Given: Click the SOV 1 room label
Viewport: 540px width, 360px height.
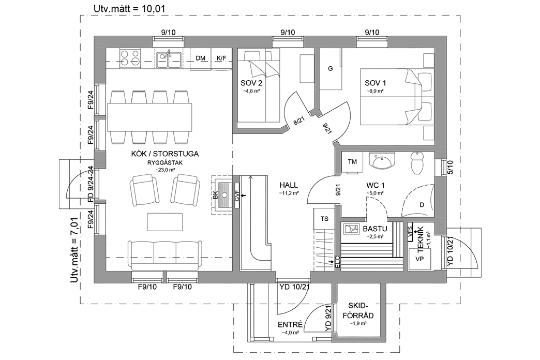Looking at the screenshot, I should click(375, 83).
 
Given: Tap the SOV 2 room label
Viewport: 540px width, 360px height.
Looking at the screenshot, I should click(251, 83).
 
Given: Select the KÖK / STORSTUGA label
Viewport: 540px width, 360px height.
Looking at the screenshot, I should click(165, 154).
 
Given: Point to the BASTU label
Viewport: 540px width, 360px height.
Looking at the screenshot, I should click(375, 228).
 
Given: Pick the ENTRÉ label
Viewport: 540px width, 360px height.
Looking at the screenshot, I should click(290, 324).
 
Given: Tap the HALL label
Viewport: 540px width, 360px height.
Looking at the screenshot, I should click(289, 185).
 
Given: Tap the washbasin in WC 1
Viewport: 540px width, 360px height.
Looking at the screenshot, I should click(382, 160).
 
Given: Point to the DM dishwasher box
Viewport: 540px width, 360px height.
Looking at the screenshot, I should click(201, 58).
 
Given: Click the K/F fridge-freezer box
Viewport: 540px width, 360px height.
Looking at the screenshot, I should click(221, 58).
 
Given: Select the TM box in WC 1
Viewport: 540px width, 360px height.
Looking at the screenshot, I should click(353, 162).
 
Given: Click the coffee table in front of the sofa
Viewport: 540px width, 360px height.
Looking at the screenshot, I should click(165, 222).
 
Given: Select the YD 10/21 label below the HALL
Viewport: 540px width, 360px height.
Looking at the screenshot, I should click(294, 287).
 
